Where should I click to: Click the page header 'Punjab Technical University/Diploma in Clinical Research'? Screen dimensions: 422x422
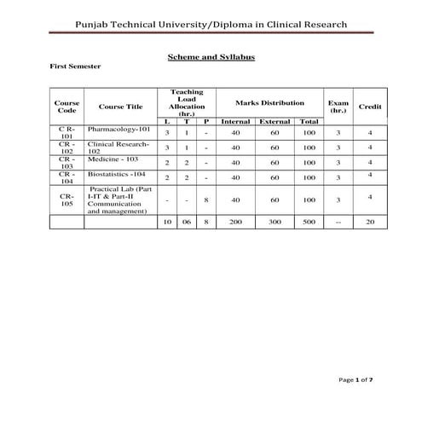[211, 24]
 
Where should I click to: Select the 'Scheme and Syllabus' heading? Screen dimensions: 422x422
[211, 56]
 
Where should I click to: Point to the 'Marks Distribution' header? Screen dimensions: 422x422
[269, 103]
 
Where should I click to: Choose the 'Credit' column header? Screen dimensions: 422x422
[370, 107]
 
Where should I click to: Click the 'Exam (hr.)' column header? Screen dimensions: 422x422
[338, 107]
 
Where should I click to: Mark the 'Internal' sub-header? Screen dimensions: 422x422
[235, 122]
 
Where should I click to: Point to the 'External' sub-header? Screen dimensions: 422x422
[275, 122]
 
